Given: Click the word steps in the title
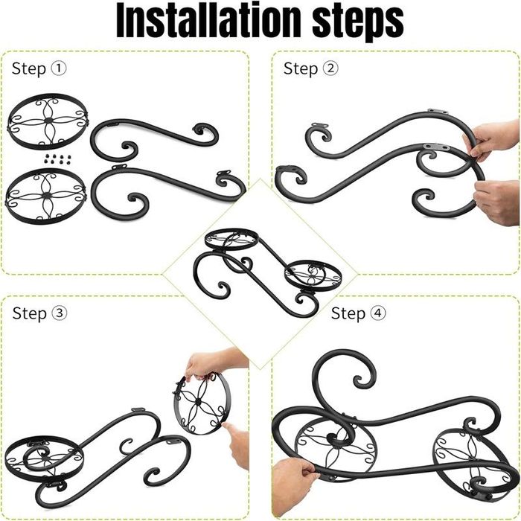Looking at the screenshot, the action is [x=358, y=22].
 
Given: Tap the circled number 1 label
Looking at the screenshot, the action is [x=59, y=68].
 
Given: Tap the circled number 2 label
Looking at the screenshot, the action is [x=330, y=68].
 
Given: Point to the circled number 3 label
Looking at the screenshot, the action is [x=59, y=313].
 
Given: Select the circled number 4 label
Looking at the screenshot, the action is [x=378, y=313].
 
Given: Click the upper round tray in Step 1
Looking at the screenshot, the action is [x=48, y=121].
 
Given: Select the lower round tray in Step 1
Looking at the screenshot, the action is [x=46, y=196].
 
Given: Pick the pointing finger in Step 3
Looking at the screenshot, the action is [x=237, y=442].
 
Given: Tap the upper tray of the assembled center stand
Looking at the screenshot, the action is [x=231, y=239].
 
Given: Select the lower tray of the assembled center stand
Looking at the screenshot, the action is [x=313, y=275].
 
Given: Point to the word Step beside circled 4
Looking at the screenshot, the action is [x=348, y=314].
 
